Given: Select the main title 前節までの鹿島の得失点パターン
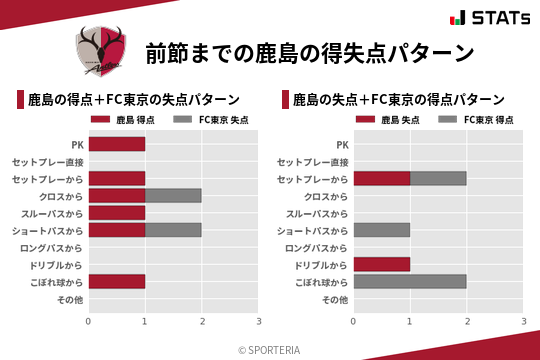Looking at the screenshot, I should [309, 53].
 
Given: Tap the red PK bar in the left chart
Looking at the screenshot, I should [117, 144].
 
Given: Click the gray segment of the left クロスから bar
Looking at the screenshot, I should [173, 195].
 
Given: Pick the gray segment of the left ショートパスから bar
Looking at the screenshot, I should [173, 230].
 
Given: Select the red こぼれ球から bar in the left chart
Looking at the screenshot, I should [117, 282].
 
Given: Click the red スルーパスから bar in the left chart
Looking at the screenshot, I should [117, 213].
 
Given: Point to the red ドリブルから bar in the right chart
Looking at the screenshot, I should [382, 265].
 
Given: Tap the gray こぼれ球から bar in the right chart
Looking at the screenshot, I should [410, 282].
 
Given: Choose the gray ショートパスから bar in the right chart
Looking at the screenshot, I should [382, 230].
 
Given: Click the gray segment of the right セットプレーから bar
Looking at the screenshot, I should [438, 178].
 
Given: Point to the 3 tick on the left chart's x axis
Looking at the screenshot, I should [259, 322].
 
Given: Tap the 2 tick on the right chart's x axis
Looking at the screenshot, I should [467, 322].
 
